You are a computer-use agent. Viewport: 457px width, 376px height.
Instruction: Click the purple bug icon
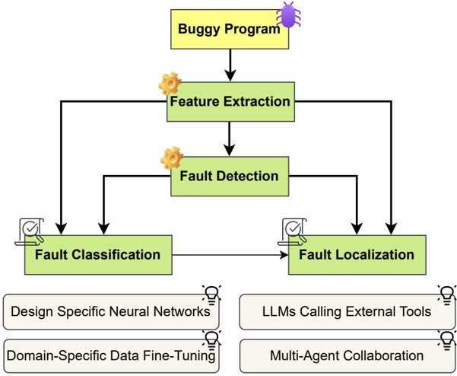(288, 14)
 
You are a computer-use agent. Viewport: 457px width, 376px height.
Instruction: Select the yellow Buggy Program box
(230, 29)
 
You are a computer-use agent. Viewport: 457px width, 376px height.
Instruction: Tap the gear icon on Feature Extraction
(170, 84)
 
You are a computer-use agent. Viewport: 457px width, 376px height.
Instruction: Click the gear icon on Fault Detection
(172, 158)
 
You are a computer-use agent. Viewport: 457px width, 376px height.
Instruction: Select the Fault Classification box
(98, 255)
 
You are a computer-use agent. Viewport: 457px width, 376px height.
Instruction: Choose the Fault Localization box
(357, 255)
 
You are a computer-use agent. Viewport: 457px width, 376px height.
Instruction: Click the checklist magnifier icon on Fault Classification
(30, 232)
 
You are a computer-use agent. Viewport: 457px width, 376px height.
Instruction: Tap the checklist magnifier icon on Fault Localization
(292, 232)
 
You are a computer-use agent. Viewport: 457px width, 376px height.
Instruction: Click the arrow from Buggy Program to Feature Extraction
(230, 65)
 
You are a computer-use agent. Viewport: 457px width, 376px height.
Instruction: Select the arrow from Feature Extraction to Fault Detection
(230, 139)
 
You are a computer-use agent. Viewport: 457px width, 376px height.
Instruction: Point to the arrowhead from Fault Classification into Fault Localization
(284, 255)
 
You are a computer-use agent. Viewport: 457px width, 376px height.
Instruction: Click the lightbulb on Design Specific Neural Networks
(211, 295)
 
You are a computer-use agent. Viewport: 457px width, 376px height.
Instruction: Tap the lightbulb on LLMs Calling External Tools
(446, 295)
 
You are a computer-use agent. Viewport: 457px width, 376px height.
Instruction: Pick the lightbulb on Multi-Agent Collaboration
(446, 340)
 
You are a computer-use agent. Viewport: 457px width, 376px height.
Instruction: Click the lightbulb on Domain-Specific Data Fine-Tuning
(211, 340)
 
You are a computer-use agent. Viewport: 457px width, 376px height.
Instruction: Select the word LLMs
(279, 311)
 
